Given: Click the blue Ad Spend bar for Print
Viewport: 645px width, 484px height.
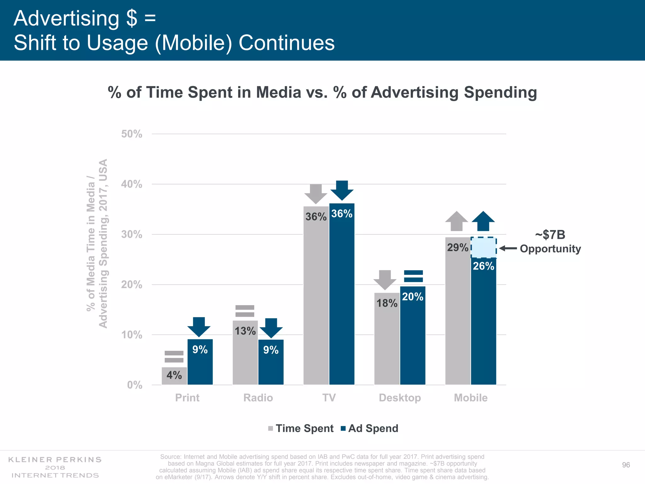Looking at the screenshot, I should (x=200, y=366).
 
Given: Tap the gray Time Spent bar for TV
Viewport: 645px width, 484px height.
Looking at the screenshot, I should (x=316, y=299).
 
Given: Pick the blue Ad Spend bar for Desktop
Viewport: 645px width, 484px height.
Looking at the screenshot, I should (x=413, y=340).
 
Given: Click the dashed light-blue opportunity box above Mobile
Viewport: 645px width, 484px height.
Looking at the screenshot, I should (x=484, y=247).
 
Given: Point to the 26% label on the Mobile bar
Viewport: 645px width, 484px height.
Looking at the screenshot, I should (x=483, y=266).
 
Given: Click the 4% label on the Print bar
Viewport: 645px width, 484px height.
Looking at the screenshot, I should (x=174, y=375).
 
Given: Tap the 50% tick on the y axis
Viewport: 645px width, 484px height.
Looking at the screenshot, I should (x=132, y=134).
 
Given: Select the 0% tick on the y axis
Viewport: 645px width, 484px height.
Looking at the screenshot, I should (x=134, y=385).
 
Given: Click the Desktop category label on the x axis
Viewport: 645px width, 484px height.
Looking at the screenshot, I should (x=400, y=398).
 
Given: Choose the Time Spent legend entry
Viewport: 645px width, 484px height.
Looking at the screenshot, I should (x=301, y=429).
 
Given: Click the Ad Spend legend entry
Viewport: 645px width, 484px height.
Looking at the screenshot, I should (x=370, y=429).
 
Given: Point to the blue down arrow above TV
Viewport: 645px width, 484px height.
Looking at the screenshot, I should (x=342, y=190).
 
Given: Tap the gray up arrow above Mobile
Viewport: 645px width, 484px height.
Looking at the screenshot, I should (x=457, y=221).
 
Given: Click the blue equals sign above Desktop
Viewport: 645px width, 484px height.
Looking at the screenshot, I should (x=413, y=276).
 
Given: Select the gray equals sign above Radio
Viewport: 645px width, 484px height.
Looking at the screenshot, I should (x=245, y=311).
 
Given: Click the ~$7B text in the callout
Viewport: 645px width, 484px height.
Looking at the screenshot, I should (x=550, y=235).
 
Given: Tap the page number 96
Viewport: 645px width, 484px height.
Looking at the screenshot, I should (x=626, y=465).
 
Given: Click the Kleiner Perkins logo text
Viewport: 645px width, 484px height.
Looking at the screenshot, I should (x=55, y=467).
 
